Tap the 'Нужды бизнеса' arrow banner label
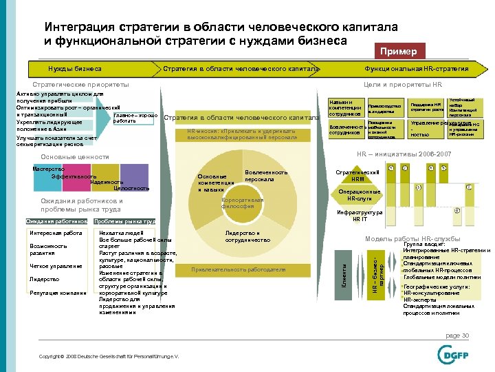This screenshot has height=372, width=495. [x=75, y=69]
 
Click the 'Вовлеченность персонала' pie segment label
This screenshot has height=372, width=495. [x=265, y=176]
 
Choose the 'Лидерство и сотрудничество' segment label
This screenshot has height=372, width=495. [x=242, y=237]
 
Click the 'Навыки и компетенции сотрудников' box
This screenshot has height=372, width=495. [x=345, y=108]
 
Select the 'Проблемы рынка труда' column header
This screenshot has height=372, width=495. [x=124, y=221]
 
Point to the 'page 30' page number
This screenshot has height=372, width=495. [x=456, y=335]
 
